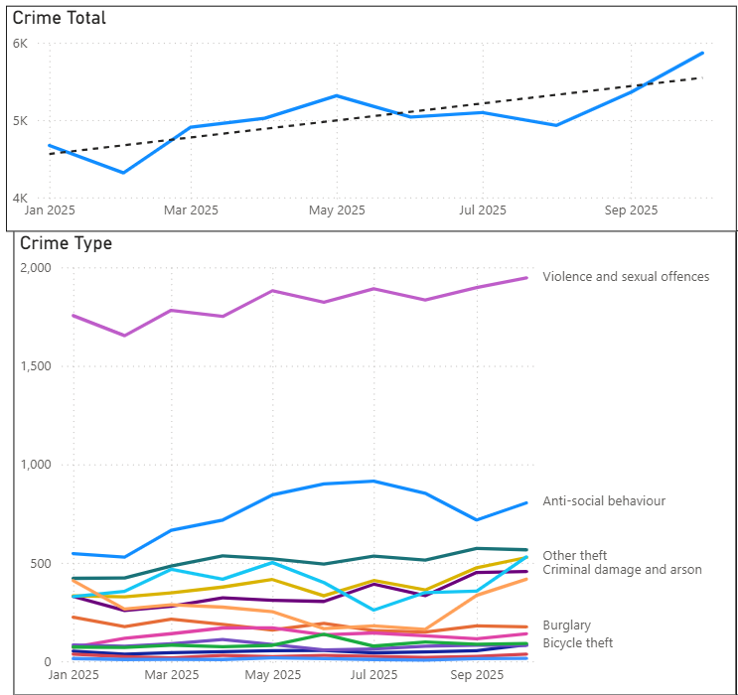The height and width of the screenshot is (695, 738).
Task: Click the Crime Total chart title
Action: pyautogui.click(x=60, y=18)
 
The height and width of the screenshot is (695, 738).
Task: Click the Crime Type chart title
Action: pyautogui.click(x=66, y=243)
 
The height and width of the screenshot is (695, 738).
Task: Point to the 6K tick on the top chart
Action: pyautogui.click(x=20, y=44)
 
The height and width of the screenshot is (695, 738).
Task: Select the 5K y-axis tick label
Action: pyautogui.click(x=20, y=121)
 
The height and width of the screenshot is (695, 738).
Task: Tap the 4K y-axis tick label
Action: pyautogui.click(x=20, y=199)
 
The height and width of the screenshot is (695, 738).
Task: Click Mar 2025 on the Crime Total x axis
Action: pyautogui.click(x=191, y=210)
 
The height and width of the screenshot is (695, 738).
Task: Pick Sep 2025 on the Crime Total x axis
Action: pyautogui.click(x=632, y=210)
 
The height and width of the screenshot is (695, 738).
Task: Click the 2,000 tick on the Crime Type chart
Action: pyautogui.click(x=35, y=268)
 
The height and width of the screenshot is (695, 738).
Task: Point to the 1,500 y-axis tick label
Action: pyautogui.click(x=35, y=366)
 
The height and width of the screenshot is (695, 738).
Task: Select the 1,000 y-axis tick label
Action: pyautogui.click(x=35, y=465)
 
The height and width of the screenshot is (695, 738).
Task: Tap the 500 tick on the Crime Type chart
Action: pyautogui.click(x=41, y=563)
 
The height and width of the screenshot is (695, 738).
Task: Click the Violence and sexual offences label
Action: pyautogui.click(x=626, y=277)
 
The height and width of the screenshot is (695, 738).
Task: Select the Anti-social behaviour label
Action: pyautogui.click(x=604, y=501)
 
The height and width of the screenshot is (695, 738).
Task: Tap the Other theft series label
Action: pyautogui.click(x=574, y=556)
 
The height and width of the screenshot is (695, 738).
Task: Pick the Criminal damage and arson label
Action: pyautogui.click(x=622, y=570)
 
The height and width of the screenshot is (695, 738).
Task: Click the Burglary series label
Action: pyautogui.click(x=566, y=625)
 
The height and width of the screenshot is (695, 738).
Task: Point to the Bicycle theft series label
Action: pyautogui.click(x=577, y=643)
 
